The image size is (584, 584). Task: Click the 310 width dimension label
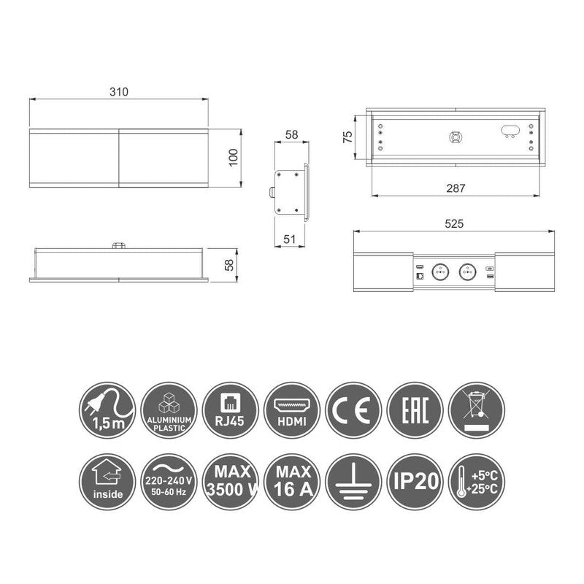click(119, 92)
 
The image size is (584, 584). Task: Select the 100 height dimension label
click(233, 158)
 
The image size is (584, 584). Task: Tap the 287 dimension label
click(456, 188)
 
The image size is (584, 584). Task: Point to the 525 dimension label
click(454, 223)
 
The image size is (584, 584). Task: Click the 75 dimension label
click(347, 137)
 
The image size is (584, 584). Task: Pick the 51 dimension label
click(289, 239)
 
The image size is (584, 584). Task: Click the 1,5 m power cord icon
click(107, 410)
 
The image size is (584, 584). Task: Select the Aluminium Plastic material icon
click(169, 410)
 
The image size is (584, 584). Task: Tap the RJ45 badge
click(230, 410)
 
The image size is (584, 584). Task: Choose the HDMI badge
click(292, 410)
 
